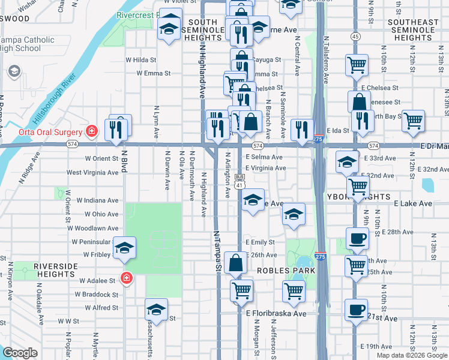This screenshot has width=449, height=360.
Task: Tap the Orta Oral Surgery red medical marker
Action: pos(92,131)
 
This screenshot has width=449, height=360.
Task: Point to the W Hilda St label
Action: pos(140,60)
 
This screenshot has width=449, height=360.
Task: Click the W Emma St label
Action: pos(154,73)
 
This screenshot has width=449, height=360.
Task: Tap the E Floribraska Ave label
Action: pos(276,313)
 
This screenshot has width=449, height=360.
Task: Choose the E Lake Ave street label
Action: pos(413,204)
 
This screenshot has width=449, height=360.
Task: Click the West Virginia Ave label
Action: pos(92,172)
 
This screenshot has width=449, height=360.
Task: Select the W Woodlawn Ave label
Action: pos(93,228)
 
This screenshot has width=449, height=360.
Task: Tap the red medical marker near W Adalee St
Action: pos(126,278)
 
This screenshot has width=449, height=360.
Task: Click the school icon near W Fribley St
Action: pos(124,248)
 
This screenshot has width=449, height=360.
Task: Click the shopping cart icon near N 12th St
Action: pos(413,122)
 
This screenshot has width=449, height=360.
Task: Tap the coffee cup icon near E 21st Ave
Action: pos(357,310)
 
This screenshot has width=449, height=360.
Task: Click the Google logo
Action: pos(20,353)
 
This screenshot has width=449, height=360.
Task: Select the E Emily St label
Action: pos(259,242)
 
